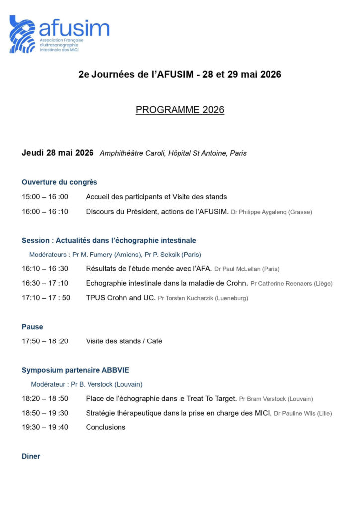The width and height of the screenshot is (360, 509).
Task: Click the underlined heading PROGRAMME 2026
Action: [180, 110]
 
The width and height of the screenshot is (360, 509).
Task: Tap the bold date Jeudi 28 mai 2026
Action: [58, 153]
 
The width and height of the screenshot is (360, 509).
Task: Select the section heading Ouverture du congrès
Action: [59, 182]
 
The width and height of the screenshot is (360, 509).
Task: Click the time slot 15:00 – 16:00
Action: [45, 197]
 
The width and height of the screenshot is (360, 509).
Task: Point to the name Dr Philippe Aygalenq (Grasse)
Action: [271, 212]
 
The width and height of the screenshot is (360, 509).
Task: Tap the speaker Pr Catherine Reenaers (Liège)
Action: [291, 284]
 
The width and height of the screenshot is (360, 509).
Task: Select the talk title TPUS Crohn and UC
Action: [120, 298]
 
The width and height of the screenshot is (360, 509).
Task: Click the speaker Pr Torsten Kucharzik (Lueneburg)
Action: [202, 298]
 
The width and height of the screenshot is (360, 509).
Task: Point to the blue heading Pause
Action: [32, 327]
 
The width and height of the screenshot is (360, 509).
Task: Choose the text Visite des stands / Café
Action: [124, 341]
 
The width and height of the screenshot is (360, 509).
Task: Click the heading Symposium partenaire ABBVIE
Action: [75, 370]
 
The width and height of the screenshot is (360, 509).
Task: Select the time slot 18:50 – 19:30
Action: [45, 413]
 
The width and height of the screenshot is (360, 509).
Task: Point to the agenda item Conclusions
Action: [105, 427]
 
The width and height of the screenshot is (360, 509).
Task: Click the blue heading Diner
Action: [31, 456]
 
